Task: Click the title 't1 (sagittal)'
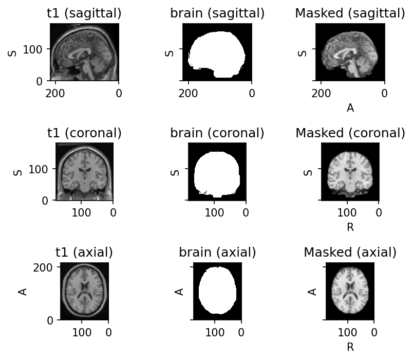84,14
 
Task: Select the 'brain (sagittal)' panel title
217,14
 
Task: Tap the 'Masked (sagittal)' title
350,14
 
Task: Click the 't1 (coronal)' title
84,133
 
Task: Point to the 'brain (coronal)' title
217,133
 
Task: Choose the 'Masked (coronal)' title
350,133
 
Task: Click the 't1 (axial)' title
84,253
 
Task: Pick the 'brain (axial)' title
217,253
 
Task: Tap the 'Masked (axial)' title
350,253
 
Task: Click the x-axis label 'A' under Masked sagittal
350,108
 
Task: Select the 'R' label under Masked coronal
350,227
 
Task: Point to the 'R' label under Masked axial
350,347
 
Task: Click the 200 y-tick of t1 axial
46,267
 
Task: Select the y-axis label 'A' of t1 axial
23,292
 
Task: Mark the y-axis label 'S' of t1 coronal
18,172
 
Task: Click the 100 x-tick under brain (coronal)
214,212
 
